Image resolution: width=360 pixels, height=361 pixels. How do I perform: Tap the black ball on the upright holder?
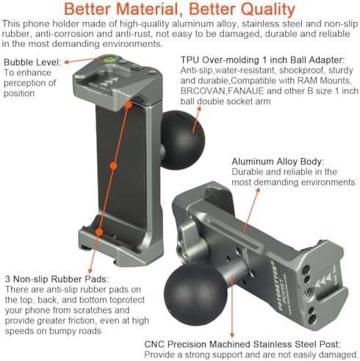[x=183, y=140]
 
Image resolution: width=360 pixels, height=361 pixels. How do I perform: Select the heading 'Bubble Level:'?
[x=32, y=62]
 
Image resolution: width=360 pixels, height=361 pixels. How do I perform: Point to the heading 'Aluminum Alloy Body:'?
[x=278, y=162]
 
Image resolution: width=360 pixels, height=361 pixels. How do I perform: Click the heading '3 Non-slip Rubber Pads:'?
[x=57, y=279]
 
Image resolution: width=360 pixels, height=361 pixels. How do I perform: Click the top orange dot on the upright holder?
[x=128, y=105]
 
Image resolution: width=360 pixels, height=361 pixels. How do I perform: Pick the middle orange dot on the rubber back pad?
[x=113, y=166]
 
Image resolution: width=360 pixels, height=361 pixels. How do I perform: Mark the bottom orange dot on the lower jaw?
[x=99, y=232]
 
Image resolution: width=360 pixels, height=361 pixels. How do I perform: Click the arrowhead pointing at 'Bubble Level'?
[x=67, y=62]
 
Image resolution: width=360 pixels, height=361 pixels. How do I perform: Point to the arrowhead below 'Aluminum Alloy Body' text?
[x=258, y=191]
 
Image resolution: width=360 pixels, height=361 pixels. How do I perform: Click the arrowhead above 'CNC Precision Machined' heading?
[x=232, y=335]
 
